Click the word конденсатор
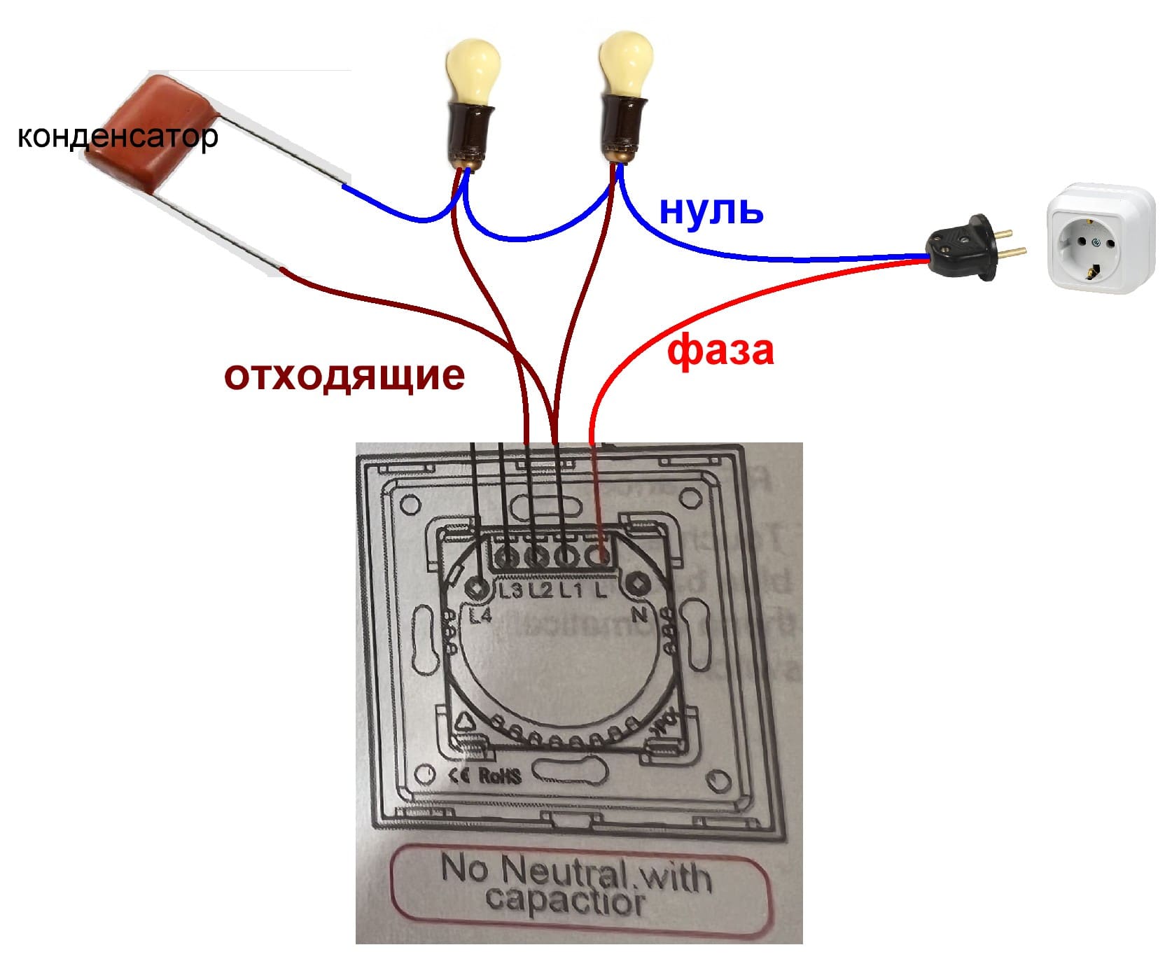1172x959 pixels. point(117,137)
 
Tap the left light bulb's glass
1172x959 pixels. point(472,69)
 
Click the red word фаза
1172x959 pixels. point(720,350)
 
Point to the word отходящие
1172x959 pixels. point(344,375)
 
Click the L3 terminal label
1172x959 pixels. point(510,591)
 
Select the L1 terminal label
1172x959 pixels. point(570,591)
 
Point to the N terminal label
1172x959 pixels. point(639,615)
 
